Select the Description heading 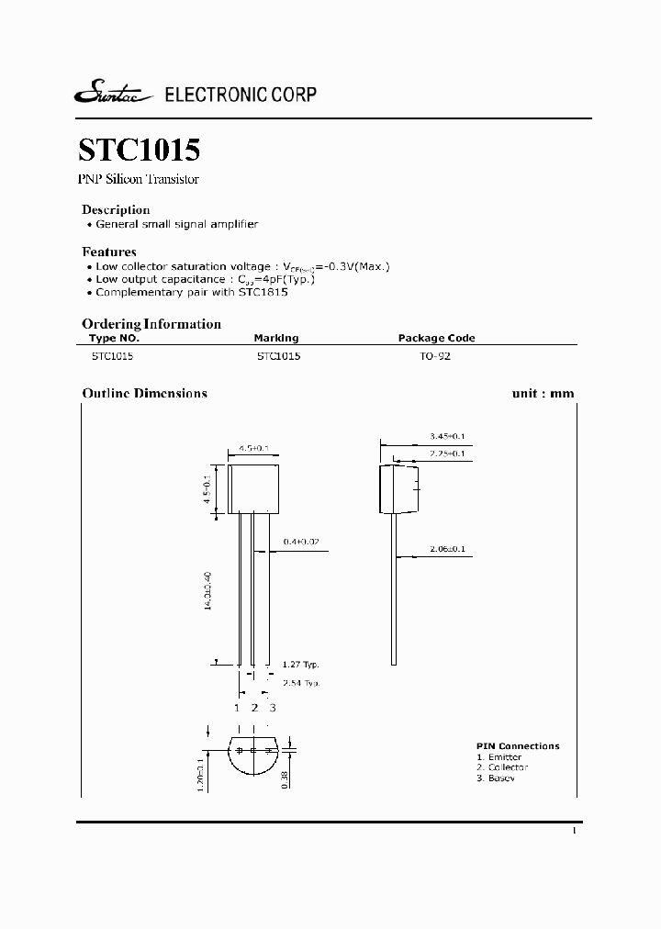[116, 209]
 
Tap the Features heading [109, 252]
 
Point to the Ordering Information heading [151, 324]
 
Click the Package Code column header [436, 339]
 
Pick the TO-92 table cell [435, 355]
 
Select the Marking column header [277, 339]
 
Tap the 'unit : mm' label [543, 394]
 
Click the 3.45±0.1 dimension [447, 435]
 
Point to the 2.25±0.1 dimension [447, 453]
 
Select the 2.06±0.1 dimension [447, 549]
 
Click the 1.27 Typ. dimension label [301, 665]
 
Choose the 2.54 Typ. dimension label [301, 684]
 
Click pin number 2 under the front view [254, 708]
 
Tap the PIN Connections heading [518, 746]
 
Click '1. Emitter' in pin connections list [499, 757]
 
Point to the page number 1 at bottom [574, 831]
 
